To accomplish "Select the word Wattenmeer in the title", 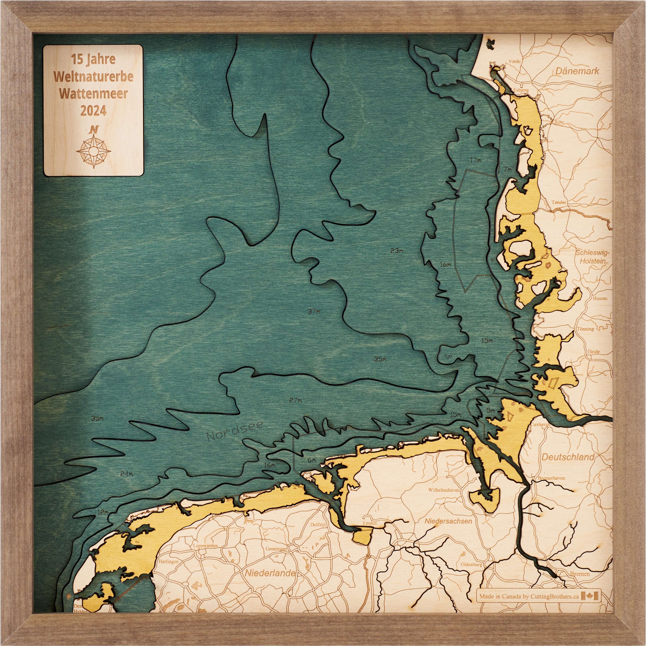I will click(93, 94).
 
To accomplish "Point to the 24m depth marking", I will click(126, 474).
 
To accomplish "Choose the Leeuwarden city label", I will click(205, 546).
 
